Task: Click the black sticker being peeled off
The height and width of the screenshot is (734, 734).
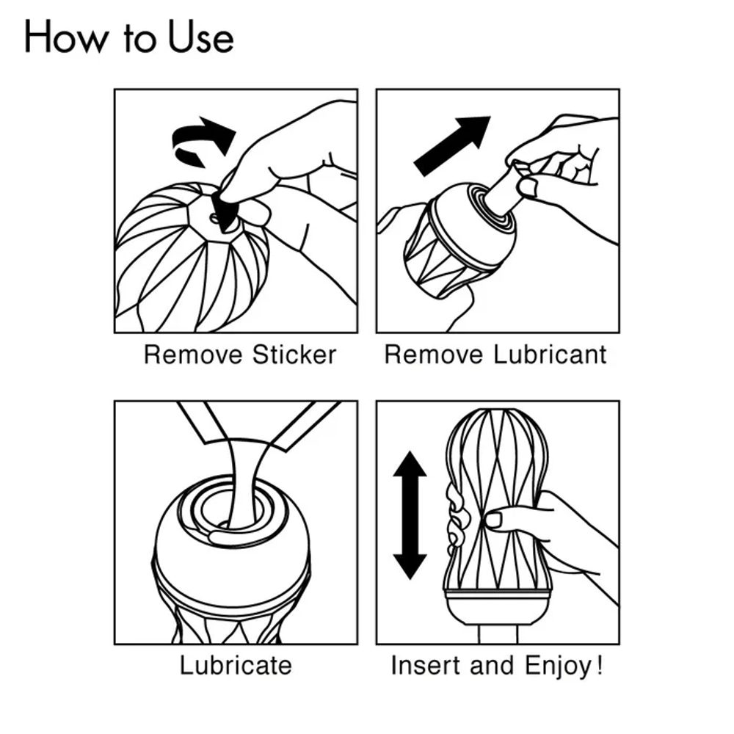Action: [224, 209]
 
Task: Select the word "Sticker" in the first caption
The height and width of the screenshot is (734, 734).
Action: [294, 355]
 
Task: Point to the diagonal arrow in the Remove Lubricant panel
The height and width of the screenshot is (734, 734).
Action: [451, 145]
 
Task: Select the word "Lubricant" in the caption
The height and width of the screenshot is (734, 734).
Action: [550, 355]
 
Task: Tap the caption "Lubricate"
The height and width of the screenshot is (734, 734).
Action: [236, 666]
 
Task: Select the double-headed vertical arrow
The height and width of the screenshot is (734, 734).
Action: [410, 515]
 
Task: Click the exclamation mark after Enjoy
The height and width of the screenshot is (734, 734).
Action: [600, 665]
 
